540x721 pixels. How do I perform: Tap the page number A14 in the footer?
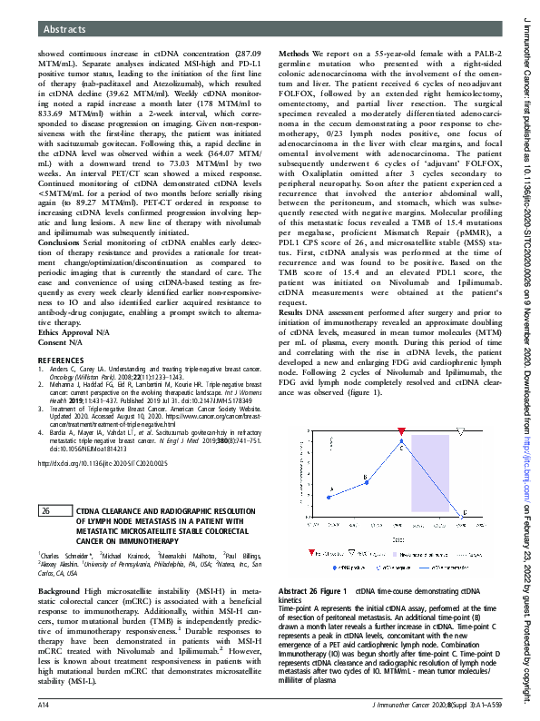tap(43, 705)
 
